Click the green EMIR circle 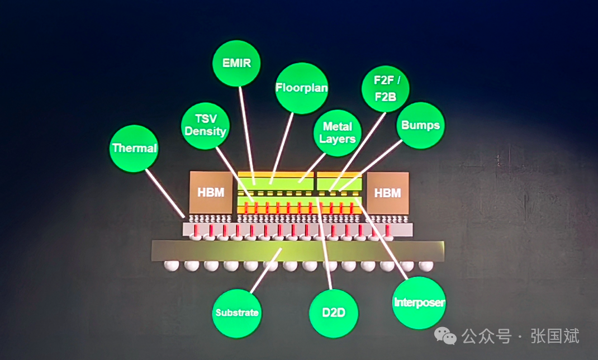tap(237, 62)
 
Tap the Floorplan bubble tap(302, 87)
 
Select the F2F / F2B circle tap(385, 88)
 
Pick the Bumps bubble tap(420, 125)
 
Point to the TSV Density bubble tap(205, 125)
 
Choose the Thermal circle tap(134, 148)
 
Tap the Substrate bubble tap(237, 312)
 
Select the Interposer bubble tap(419, 302)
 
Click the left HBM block tap(211, 192)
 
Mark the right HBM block tap(387, 192)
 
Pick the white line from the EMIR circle tap(247, 134)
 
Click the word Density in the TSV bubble tap(205, 132)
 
